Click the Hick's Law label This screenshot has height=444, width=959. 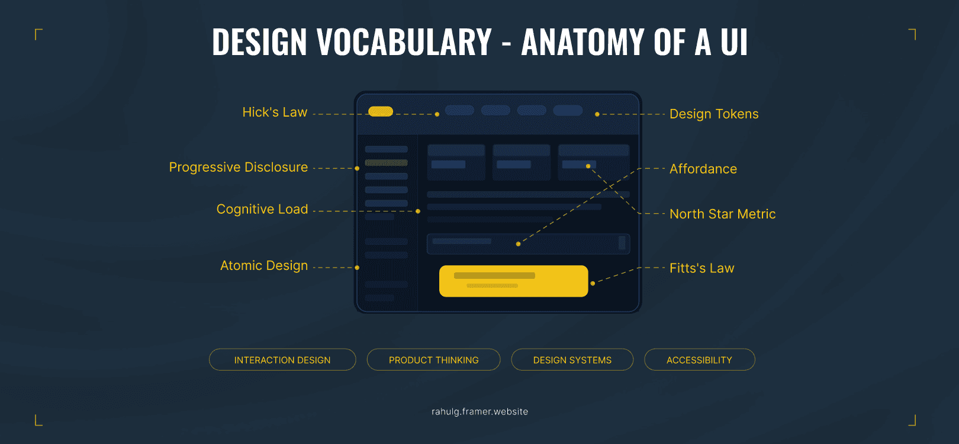click(275, 112)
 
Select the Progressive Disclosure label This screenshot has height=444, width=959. click(238, 168)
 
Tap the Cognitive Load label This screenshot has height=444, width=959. click(262, 210)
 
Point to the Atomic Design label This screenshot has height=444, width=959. click(263, 266)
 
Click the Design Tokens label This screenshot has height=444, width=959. click(714, 114)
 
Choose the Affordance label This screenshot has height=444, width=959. click(703, 169)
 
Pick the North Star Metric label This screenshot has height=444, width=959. click(722, 214)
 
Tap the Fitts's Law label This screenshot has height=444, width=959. click(701, 268)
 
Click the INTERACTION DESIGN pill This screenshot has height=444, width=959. click(282, 360)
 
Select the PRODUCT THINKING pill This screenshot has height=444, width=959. click(433, 360)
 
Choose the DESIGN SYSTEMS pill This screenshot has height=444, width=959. click(572, 360)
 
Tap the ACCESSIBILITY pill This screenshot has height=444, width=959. click(699, 360)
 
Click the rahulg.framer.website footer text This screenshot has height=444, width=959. click(479, 412)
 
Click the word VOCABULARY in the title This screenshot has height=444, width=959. click(404, 43)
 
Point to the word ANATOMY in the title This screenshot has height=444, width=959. click(583, 43)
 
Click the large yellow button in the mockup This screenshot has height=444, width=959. click(513, 281)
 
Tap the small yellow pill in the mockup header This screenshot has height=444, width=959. click(381, 111)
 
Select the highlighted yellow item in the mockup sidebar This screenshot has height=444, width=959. click(386, 163)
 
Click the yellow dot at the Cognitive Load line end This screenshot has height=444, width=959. click(418, 211)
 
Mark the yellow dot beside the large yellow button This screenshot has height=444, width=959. click(593, 284)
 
